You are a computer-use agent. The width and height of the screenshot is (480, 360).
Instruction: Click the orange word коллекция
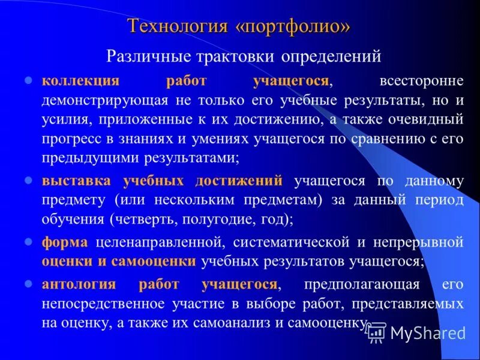80,80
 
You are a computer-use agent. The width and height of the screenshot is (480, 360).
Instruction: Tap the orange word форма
65,242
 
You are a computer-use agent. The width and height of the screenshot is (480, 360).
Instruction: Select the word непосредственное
107,304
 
